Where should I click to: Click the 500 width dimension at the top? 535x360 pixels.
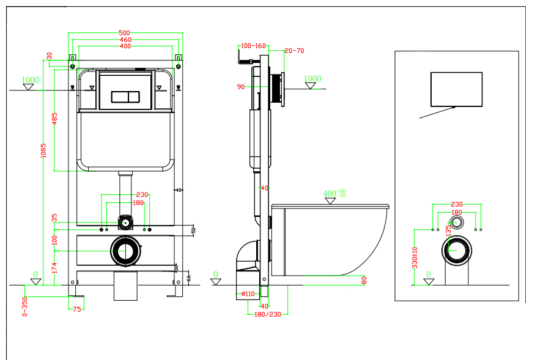(125, 33)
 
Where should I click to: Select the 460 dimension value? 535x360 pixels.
(125, 40)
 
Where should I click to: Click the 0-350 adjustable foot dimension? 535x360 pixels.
(25, 306)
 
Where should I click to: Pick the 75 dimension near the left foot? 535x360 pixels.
(76, 309)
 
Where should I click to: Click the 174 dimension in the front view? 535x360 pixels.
(54, 267)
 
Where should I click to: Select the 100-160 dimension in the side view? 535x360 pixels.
(254, 46)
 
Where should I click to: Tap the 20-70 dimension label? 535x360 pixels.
(294, 51)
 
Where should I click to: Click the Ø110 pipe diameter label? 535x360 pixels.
(248, 294)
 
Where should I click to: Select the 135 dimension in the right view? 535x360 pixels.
(448, 230)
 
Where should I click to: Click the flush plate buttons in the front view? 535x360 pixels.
(125, 97)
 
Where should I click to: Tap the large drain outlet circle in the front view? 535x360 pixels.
(125, 251)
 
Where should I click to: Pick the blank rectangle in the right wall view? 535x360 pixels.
(456, 89)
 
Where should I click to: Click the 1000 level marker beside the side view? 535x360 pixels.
(312, 79)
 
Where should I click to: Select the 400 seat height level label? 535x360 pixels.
(331, 194)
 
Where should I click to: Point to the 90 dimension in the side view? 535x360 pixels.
(240, 87)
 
